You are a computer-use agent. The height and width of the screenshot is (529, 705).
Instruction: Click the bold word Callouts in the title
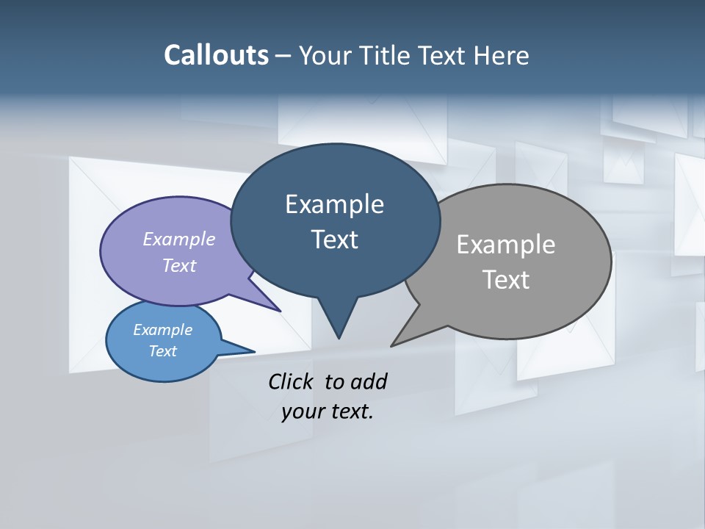pos(216,55)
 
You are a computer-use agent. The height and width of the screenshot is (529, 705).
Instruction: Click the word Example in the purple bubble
pos(178,239)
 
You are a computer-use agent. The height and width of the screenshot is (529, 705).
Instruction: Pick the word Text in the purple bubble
pos(178,265)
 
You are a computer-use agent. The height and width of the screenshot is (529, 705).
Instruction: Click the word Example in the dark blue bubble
pos(334,204)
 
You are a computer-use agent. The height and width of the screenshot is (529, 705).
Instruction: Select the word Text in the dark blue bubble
pos(334,239)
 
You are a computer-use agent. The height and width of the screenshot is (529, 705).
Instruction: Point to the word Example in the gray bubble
pos(505,244)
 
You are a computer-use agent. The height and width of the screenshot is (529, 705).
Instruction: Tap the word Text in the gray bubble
pos(505,279)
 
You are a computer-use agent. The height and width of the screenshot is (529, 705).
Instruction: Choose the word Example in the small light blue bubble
pos(162,330)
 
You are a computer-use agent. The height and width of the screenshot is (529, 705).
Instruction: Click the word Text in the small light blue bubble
pos(162,351)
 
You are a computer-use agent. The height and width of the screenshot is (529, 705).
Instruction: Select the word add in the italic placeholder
pos(369,381)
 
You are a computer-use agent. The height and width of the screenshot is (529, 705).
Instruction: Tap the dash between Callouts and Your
pos(283,56)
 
